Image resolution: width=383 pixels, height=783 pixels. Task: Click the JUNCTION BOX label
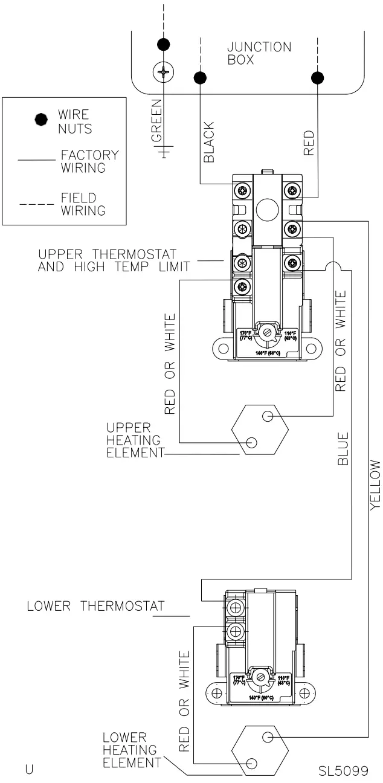259,54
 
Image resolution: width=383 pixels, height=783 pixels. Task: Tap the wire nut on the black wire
199,78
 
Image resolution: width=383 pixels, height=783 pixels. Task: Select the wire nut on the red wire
316,78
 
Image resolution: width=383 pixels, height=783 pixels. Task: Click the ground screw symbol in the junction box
163,74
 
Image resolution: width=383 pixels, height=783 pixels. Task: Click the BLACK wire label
209,142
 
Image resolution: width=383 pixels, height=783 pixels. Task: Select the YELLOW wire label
376,485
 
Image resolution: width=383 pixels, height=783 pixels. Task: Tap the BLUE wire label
343,448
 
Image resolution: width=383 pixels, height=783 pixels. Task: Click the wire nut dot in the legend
41,120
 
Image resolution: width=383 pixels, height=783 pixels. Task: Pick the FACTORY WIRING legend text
90,161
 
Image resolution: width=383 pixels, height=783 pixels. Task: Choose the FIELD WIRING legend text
83,204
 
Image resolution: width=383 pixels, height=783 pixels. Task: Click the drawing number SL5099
343,770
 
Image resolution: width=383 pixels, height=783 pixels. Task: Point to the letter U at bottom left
28,769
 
